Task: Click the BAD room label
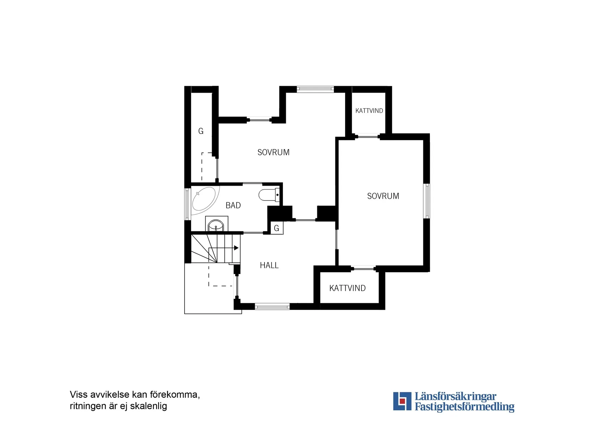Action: [x=233, y=206]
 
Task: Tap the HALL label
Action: [x=269, y=265]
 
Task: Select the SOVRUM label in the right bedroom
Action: [x=383, y=196]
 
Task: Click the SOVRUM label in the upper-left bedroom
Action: [x=274, y=152]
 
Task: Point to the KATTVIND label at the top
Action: [x=369, y=111]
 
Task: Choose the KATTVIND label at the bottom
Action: [x=347, y=288]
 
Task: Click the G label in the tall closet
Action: [x=201, y=131]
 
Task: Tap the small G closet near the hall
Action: [x=277, y=228]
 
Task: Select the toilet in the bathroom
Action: [x=268, y=195]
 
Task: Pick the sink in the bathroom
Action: [x=216, y=225]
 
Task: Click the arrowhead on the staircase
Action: [x=236, y=248]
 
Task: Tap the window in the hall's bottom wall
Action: [x=272, y=307]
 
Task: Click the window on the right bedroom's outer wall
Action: [x=427, y=201]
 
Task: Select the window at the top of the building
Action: [x=315, y=89]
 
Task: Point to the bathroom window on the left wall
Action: [x=187, y=204]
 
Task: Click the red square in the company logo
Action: [x=402, y=401]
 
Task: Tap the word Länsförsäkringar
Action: [x=455, y=396]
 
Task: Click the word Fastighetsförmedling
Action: [x=464, y=407]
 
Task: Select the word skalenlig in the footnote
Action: [x=148, y=406]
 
